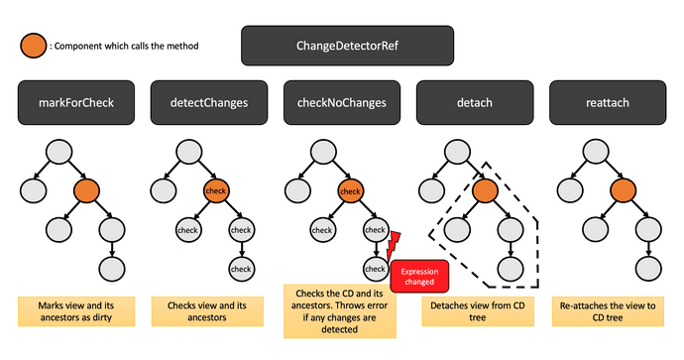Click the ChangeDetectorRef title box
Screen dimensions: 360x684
(348, 46)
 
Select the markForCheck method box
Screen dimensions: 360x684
(76, 103)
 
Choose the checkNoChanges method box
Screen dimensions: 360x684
(341, 103)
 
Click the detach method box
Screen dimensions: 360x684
(474, 103)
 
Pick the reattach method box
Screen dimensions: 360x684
(606, 103)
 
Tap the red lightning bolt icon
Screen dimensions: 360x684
(393, 244)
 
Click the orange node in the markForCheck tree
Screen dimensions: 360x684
(84, 189)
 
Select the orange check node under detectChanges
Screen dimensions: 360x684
(216, 189)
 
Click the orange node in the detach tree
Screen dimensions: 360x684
(484, 189)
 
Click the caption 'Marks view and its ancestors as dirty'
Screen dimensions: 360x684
(76, 311)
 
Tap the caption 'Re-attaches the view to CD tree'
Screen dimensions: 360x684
(607, 311)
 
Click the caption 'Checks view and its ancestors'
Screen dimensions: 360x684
(209, 311)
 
